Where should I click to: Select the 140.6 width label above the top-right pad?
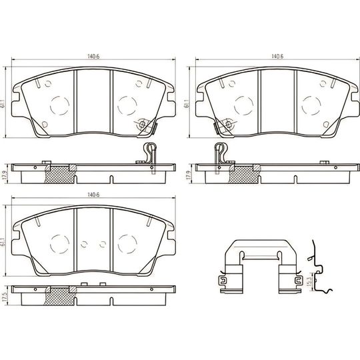tap(277, 56)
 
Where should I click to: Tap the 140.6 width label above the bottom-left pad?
tap(93, 195)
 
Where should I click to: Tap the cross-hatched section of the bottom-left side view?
tap(60, 296)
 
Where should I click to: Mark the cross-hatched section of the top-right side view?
tap(244, 175)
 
